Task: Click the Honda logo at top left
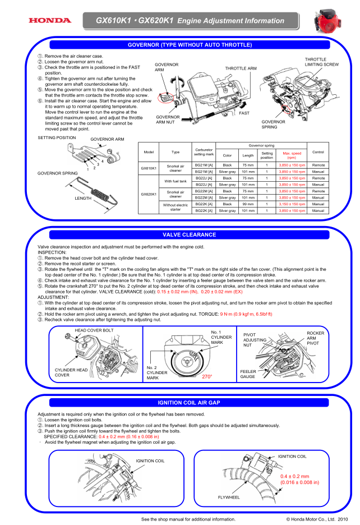tap(50, 21)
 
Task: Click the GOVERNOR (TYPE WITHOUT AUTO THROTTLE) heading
tap(190, 44)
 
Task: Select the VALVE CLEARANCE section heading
tap(189, 234)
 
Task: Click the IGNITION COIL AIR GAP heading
tap(189, 402)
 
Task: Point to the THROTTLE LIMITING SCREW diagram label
tap(321, 62)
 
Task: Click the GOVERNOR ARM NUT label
tap(168, 121)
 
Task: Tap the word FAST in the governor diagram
tap(244, 113)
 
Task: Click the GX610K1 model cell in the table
tap(149, 168)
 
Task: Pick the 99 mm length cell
tap(248, 204)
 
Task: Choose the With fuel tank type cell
tap(176, 181)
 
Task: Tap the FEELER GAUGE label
tap(247, 374)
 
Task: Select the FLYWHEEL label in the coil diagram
tap(229, 497)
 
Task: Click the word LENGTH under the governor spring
tap(83, 198)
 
